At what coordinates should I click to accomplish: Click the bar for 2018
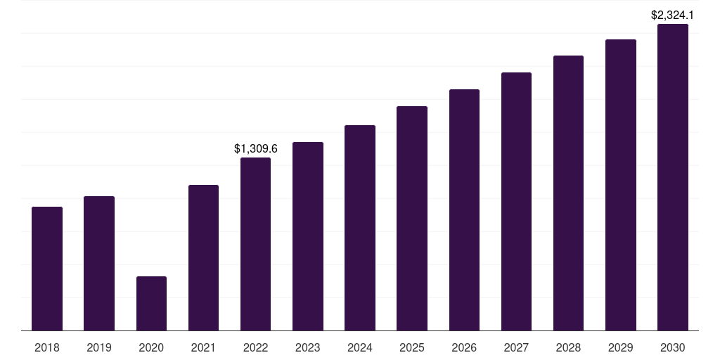click(47, 269)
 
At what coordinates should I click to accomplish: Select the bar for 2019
click(99, 264)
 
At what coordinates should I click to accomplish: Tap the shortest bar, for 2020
click(152, 304)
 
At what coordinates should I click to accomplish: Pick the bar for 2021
click(203, 257)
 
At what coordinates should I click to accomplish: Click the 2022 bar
click(255, 244)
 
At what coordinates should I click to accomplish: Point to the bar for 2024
click(360, 228)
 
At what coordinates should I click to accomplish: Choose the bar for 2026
click(464, 210)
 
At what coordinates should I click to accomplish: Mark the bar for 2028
click(568, 193)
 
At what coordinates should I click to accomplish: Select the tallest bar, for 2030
click(673, 177)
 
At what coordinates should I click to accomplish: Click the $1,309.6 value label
click(256, 148)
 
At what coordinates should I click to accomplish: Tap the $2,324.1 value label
click(672, 15)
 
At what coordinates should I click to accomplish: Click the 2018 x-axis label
click(47, 348)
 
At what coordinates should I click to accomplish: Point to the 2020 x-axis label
click(151, 348)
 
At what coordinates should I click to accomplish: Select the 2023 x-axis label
click(308, 348)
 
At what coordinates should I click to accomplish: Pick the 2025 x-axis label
click(412, 348)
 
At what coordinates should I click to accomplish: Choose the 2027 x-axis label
click(516, 348)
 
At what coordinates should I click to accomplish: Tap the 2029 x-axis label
click(620, 348)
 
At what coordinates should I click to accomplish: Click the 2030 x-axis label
click(673, 348)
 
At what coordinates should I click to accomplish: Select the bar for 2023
click(308, 236)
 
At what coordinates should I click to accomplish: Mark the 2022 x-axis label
click(255, 348)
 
